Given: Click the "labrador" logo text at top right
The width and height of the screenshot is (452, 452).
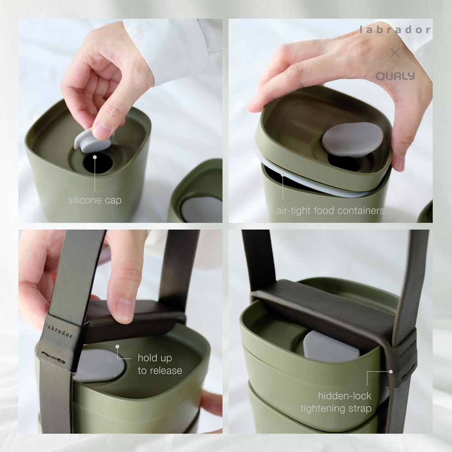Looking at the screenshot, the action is [x=395, y=30].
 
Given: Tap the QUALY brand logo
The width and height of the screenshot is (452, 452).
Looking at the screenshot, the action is [x=395, y=76].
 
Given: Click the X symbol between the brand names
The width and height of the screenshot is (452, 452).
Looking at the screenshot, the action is [x=395, y=52].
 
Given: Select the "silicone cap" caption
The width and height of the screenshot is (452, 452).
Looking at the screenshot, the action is [x=94, y=200].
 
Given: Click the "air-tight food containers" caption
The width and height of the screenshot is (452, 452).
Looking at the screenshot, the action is [x=330, y=211].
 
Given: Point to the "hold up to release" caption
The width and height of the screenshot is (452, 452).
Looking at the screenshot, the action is [x=160, y=364].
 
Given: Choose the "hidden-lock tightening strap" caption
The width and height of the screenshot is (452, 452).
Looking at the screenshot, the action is [x=336, y=402].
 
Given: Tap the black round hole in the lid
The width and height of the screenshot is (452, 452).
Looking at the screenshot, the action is [x=98, y=163].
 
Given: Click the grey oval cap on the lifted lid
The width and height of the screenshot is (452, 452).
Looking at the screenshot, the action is [x=352, y=139].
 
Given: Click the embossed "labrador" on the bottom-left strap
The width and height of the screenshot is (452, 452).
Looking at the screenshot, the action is [x=59, y=330].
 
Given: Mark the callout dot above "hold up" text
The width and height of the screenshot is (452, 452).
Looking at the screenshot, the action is [x=118, y=347].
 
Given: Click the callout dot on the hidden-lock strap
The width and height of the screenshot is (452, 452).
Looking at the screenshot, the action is [x=391, y=372].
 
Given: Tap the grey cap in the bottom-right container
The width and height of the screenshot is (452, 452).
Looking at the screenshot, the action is [x=331, y=346].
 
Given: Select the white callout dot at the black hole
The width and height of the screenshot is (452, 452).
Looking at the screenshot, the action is [x=94, y=157].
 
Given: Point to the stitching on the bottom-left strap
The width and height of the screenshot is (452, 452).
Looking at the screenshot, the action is [x=53, y=358].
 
